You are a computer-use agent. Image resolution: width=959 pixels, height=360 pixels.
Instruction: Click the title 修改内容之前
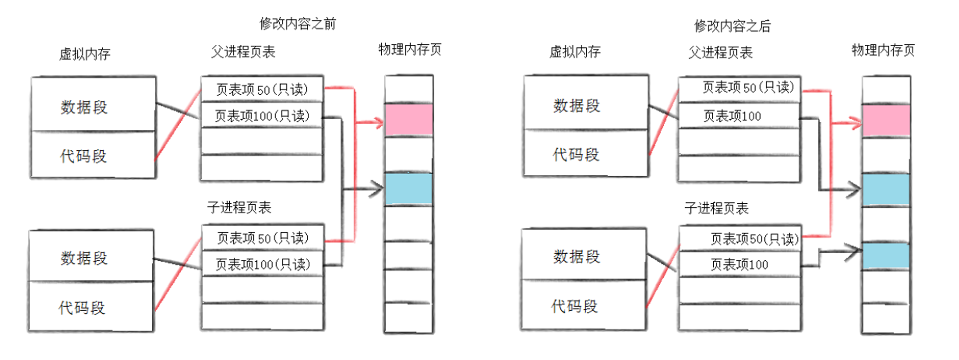(x=298, y=23)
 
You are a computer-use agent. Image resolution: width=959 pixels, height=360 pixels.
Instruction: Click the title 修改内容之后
(x=732, y=26)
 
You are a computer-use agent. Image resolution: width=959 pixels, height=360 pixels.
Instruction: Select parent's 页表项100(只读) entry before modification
(x=262, y=116)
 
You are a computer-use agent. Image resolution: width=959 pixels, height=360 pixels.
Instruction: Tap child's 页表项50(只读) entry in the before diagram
(x=263, y=238)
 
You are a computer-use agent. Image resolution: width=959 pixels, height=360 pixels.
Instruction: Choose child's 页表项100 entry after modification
(x=739, y=265)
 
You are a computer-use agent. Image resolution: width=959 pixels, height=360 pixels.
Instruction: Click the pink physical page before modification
(x=409, y=120)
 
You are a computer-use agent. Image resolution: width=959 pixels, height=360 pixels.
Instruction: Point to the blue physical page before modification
(x=409, y=189)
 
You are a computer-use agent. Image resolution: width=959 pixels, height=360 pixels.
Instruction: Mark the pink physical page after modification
(x=886, y=120)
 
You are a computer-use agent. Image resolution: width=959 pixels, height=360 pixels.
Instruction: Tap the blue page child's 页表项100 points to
(x=886, y=256)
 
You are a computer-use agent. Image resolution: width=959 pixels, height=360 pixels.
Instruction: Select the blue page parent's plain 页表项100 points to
(x=886, y=190)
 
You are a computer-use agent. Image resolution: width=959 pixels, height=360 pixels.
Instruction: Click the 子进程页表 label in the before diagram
(x=239, y=207)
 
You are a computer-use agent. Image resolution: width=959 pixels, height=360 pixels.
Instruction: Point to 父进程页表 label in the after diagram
(x=720, y=53)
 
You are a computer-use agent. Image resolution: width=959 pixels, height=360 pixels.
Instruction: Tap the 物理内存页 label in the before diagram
(x=410, y=49)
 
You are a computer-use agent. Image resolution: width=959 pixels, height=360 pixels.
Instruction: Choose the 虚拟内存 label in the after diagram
(x=575, y=52)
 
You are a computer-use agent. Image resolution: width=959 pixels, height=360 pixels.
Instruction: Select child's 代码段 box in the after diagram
(x=584, y=306)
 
